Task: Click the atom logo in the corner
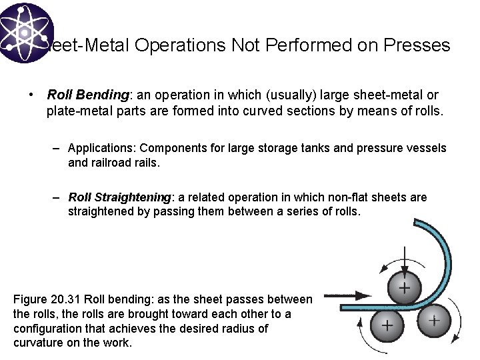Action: pyautogui.click(x=25, y=31)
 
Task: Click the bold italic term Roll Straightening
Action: pyautogui.click(x=120, y=197)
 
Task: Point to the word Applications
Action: pyautogui.click(x=102, y=148)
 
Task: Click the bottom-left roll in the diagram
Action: pyautogui.click(x=386, y=325)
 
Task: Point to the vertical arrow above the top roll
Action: pyautogui.click(x=404, y=257)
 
